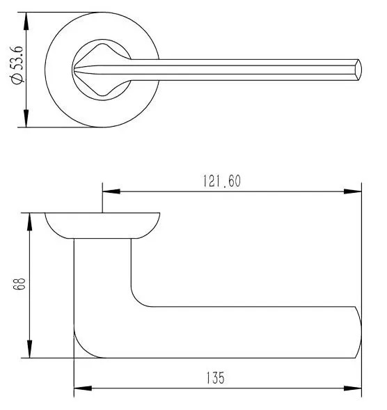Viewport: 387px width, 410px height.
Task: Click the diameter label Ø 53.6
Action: coord(17,65)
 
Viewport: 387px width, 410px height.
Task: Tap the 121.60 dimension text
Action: coord(222,181)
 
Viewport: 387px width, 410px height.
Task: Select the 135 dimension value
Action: coord(216,378)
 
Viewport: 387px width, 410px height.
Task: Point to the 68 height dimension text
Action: coord(19,284)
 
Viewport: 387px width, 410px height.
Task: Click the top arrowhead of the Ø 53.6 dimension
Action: coord(26,22)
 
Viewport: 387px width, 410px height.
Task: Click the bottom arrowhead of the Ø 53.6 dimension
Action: coord(26,118)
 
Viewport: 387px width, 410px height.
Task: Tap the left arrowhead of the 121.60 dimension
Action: coord(111,191)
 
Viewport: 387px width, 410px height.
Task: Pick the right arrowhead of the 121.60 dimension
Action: coord(352,191)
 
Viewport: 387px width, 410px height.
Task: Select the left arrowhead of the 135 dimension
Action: coord(83,388)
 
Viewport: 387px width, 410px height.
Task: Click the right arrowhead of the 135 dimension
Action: coord(352,388)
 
